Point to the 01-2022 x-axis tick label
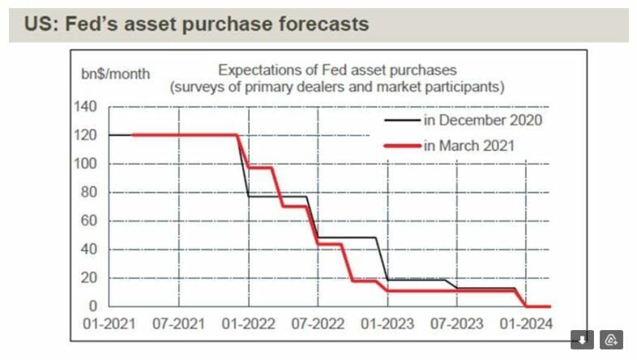point(246,324)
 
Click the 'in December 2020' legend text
point(482,120)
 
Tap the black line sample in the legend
point(402,121)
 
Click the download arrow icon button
point(582,340)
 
